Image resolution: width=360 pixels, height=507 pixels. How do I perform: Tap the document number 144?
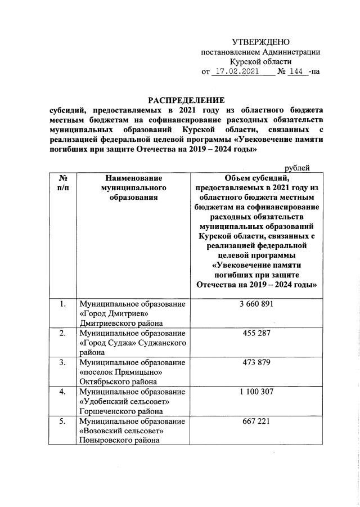[x=296, y=72]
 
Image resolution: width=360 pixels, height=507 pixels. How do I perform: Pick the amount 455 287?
[x=256, y=334]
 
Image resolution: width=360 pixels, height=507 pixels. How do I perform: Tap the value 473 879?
[x=256, y=362]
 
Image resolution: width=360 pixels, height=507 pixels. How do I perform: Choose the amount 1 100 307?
[x=256, y=391]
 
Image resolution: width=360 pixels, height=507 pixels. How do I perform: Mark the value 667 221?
[x=256, y=420]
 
